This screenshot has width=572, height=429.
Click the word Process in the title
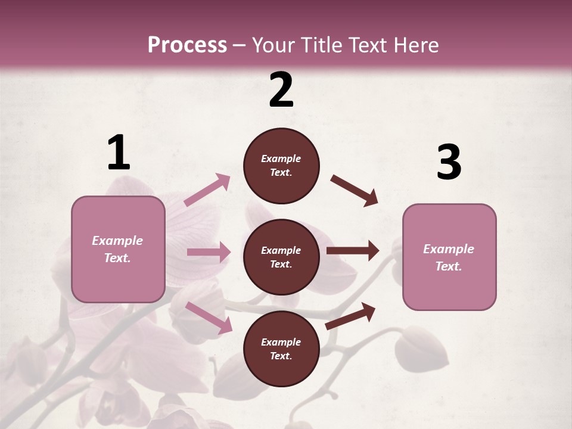pos(187,45)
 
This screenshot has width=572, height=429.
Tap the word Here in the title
pos(415,45)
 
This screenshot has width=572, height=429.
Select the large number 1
pos(119,153)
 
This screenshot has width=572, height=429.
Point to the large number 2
pos(281,89)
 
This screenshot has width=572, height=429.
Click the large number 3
pos(449,162)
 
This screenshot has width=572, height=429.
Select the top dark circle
pos(281,166)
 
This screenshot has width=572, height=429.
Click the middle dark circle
pos(281,257)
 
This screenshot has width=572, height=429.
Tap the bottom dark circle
pos(281,349)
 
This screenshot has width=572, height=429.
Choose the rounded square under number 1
pos(118,249)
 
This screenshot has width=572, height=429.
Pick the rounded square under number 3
pos(449,257)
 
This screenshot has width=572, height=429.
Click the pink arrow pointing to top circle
pos(207,190)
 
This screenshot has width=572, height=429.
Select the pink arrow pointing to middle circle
pos(209,252)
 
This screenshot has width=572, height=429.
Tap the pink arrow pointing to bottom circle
pos(209,318)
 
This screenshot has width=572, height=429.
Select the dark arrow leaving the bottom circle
pos(351,316)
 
